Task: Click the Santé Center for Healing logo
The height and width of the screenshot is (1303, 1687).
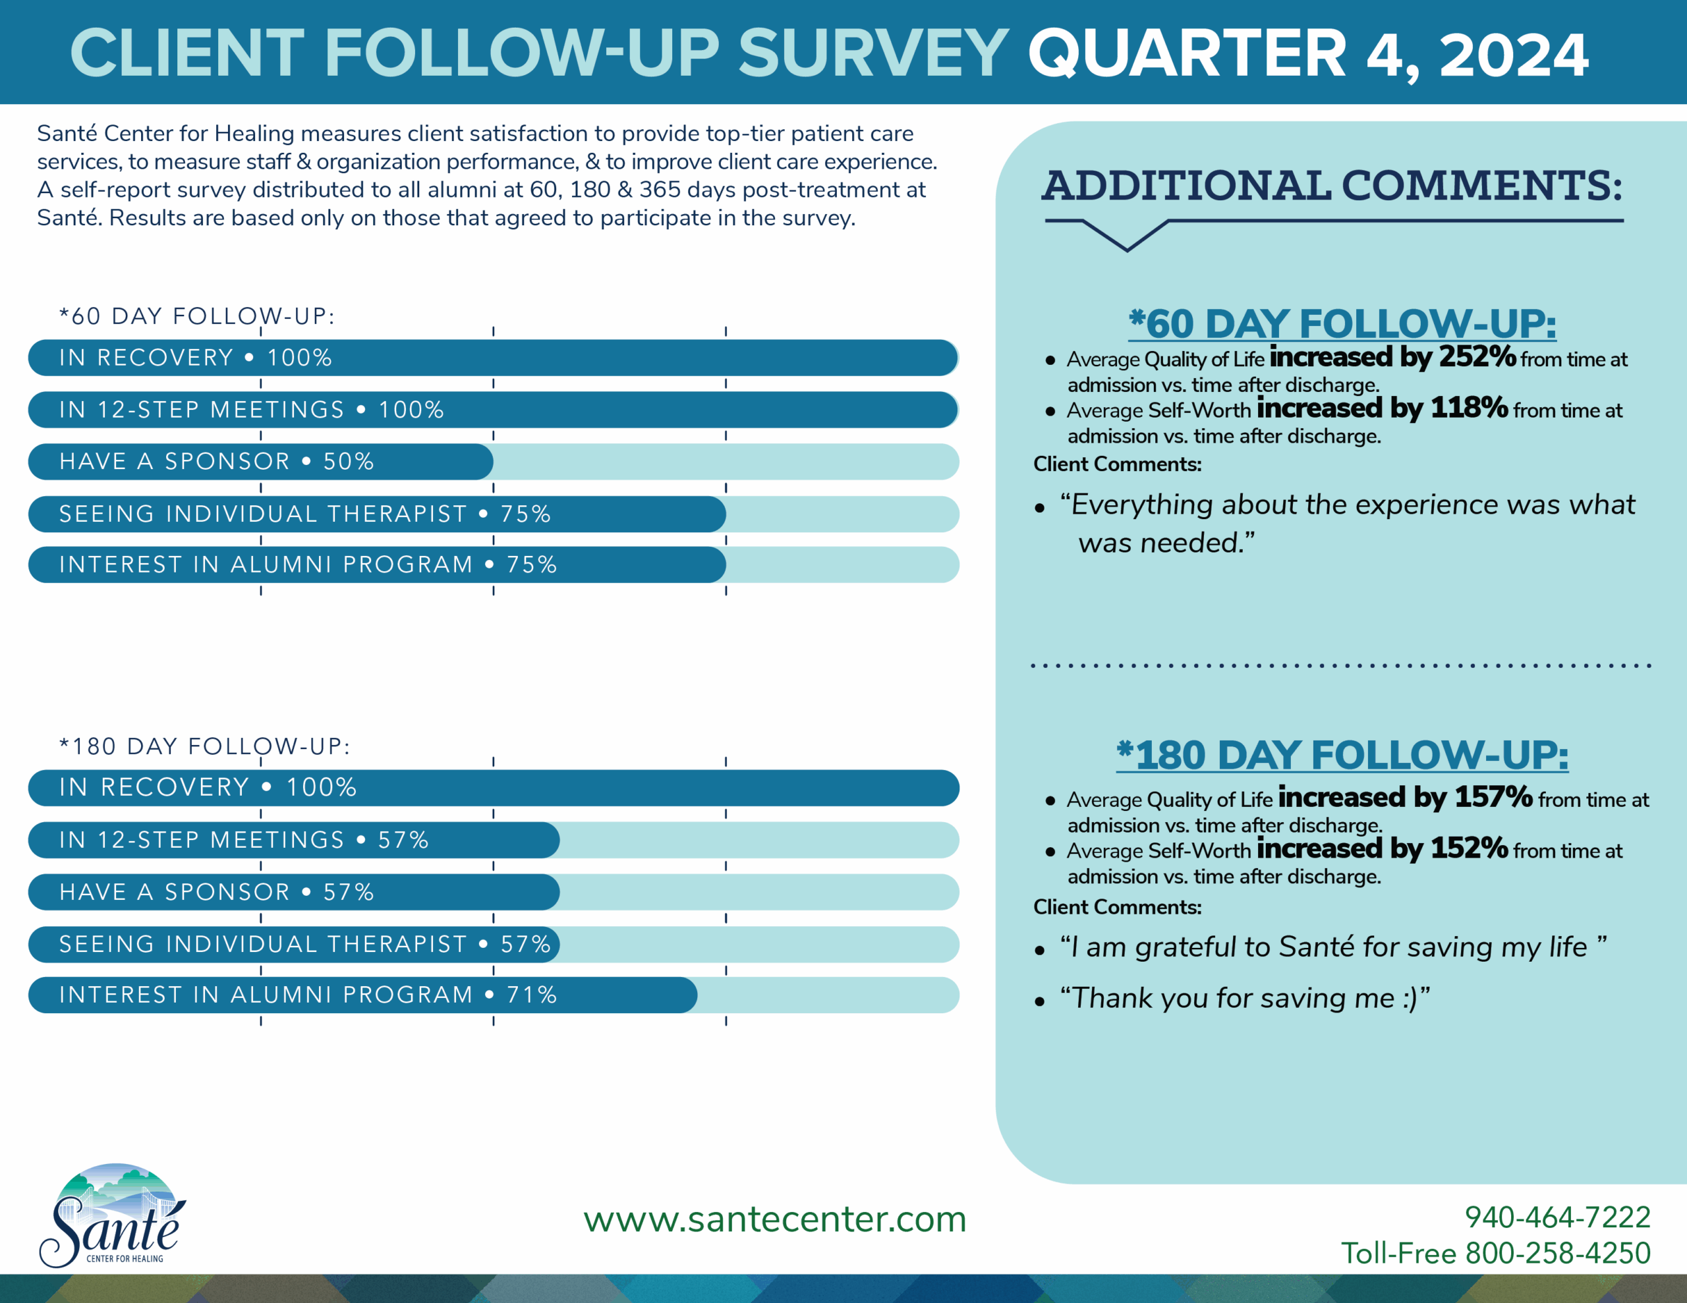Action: click(113, 1215)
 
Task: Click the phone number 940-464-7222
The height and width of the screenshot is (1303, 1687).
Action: click(1557, 1217)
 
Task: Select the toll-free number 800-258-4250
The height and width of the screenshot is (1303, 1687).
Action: click(1557, 1253)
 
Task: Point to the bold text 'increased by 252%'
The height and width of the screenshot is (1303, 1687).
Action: click(1392, 357)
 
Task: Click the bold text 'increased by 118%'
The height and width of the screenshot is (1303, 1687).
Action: click(1382, 408)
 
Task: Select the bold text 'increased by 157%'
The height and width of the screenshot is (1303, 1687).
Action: click(1405, 797)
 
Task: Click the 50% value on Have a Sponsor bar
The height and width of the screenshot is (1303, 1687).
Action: click(349, 462)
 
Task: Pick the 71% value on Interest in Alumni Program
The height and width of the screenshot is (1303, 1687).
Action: click(531, 995)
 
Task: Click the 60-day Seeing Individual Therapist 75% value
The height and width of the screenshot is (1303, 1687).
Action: click(525, 514)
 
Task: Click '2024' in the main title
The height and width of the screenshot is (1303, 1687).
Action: click(1514, 54)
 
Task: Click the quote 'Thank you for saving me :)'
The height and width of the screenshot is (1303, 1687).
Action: click(1245, 998)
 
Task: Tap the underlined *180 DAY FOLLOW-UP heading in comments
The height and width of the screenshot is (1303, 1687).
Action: click(1342, 755)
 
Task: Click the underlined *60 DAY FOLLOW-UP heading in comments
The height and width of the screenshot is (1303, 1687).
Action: click(1342, 323)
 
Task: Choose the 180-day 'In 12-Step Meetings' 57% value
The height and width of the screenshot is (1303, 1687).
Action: click(403, 841)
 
